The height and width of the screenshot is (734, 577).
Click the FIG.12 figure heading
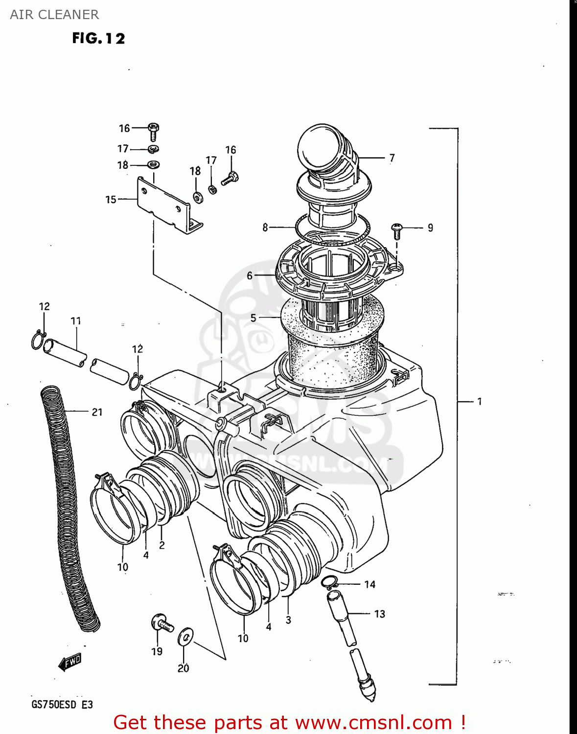(98, 38)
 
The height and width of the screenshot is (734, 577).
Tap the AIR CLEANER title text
(54, 15)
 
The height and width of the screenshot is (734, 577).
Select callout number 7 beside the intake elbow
(392, 158)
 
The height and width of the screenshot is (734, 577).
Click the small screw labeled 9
(397, 230)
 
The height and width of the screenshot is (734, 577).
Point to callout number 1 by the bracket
(480, 401)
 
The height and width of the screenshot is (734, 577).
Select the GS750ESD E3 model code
(62, 705)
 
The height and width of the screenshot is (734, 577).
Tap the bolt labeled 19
(162, 624)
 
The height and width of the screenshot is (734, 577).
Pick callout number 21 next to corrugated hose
(97, 412)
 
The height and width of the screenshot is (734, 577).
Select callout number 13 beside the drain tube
(380, 614)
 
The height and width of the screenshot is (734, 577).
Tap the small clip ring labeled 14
(329, 582)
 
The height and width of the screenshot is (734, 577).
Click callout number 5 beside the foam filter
(253, 318)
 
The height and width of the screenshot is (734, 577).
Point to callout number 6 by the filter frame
(250, 275)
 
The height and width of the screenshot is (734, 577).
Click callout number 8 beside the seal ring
(265, 227)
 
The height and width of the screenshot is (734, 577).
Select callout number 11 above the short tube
(76, 321)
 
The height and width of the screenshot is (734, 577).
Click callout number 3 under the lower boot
(288, 620)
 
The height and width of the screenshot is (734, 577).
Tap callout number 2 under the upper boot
(162, 545)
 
